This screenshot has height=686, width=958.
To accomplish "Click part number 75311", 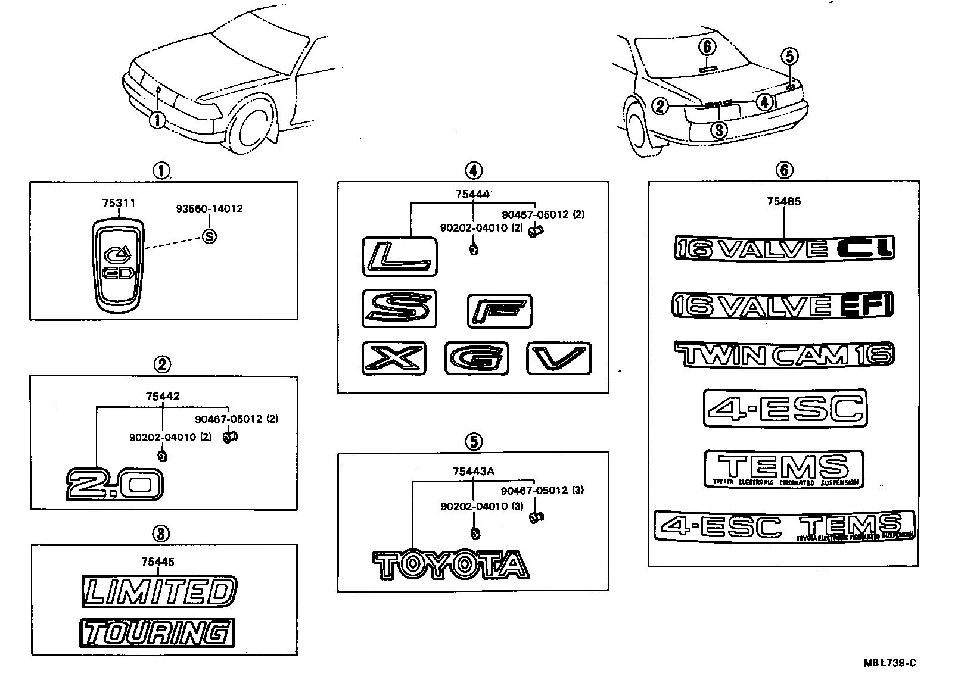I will (118, 204).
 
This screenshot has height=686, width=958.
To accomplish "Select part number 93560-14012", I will (209, 209).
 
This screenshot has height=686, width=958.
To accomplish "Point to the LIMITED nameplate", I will (158, 591).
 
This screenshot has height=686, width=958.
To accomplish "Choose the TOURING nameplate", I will (156, 632).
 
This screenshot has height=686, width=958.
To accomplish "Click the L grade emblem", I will (399, 257).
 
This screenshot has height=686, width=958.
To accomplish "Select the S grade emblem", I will (399, 308).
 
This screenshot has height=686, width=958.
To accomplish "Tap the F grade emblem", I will (499, 311).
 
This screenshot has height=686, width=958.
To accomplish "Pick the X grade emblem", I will (394, 358).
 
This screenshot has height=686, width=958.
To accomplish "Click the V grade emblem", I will (559, 358).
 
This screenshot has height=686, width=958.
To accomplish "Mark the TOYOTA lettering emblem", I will (451, 565).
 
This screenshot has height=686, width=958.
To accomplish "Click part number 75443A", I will (473, 472).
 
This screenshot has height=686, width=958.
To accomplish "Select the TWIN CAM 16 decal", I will (784, 355).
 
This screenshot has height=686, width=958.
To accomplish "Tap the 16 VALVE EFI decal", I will (783, 305).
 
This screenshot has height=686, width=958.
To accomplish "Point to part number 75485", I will (783, 201).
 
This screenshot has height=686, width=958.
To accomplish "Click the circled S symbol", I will (209, 236).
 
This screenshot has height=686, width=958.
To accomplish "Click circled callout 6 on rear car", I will (707, 46).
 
